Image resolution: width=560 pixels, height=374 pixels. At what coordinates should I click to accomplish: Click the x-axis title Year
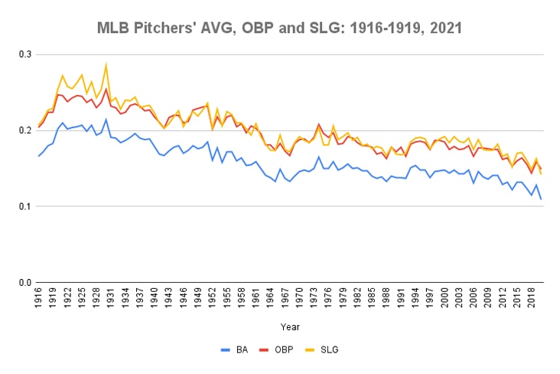click(290, 326)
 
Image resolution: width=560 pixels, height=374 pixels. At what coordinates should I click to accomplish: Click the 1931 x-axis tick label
click(111, 300)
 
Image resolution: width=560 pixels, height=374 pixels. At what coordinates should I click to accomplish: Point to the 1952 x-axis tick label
click(211, 300)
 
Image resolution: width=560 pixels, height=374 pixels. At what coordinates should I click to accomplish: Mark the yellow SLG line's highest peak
click(106, 64)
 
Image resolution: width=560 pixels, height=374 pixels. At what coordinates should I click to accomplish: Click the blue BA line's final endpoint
click(541, 199)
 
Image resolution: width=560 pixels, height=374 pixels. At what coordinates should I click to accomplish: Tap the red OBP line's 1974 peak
click(318, 123)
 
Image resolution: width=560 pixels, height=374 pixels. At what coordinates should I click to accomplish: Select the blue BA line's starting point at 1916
click(39, 156)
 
